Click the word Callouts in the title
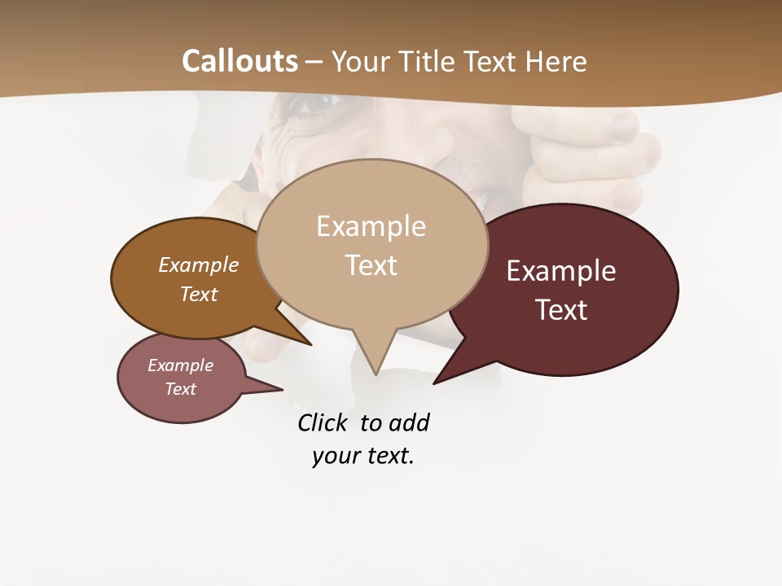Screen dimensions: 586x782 pos(239,61)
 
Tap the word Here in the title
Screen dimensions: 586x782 pos(557,62)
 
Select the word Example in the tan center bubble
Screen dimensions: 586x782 pos(371,226)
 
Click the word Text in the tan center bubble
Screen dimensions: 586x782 pos(371,265)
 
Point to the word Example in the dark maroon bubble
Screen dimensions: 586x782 pos(561,271)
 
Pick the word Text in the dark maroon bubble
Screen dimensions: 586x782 pos(562,310)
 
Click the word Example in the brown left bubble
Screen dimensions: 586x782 pos(198,265)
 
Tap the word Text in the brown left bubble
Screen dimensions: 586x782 pos(199,295)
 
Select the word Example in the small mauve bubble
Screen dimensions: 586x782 pos(180,365)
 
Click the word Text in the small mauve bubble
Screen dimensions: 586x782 pos(180,389)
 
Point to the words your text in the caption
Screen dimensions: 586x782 pos(363,457)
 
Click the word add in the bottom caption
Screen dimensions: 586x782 pos(409,422)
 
